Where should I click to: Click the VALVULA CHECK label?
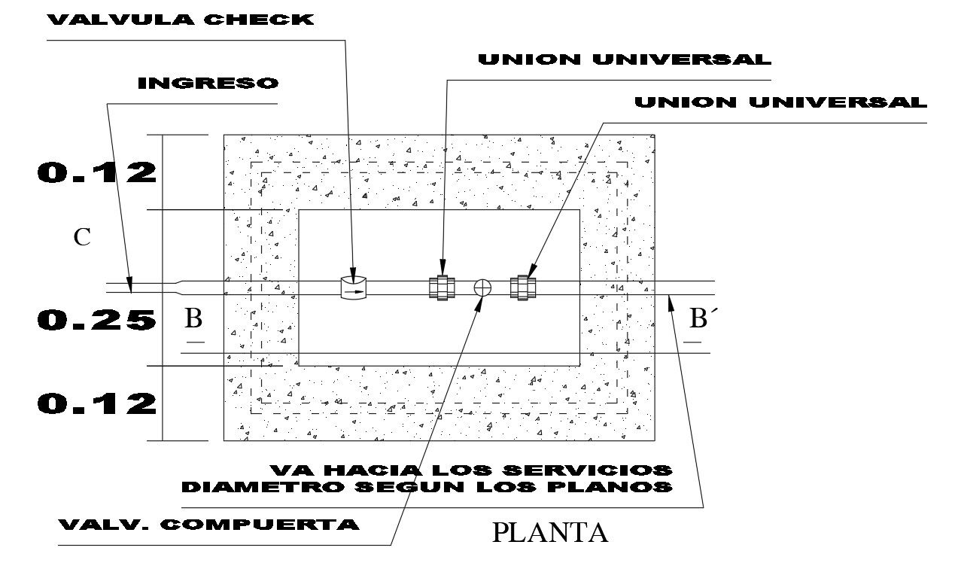pos(181,20)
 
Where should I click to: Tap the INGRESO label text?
pos(208,83)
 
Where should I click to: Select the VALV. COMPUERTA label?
pos(208,525)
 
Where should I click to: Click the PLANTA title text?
pos(550,533)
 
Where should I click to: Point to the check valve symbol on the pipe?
pos(353,288)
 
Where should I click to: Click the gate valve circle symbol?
pos(482,288)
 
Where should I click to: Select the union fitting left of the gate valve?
pos(442,288)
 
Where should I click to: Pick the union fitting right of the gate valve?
pos(522,288)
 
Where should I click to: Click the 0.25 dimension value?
pos(96,320)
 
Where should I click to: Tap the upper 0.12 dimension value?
pos(96,172)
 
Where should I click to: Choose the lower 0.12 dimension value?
pos(96,403)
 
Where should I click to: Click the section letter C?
pos(82,237)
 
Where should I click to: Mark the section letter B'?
pos(702,318)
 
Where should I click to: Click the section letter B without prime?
pos(193,318)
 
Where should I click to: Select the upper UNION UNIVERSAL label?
pos(625,59)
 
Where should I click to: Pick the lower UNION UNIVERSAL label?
pos(781,102)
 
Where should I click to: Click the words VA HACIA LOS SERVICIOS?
pos(471,470)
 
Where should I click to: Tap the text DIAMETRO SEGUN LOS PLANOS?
pos(427,487)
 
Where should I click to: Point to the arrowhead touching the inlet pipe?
pos(130,285)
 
